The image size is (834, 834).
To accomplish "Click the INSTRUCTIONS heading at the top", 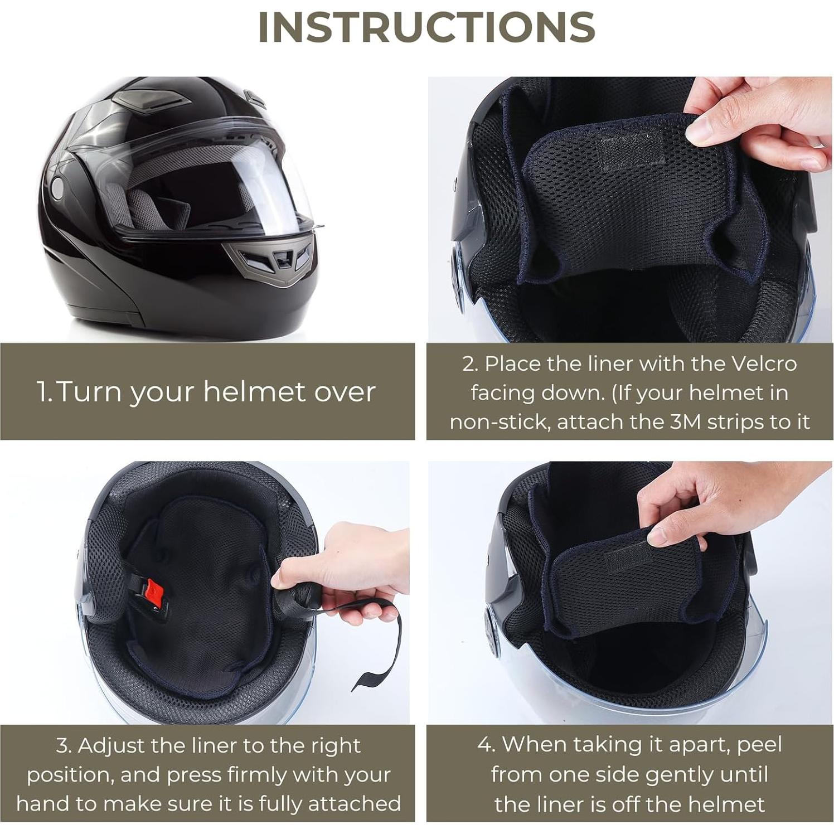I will (x=426, y=27).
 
